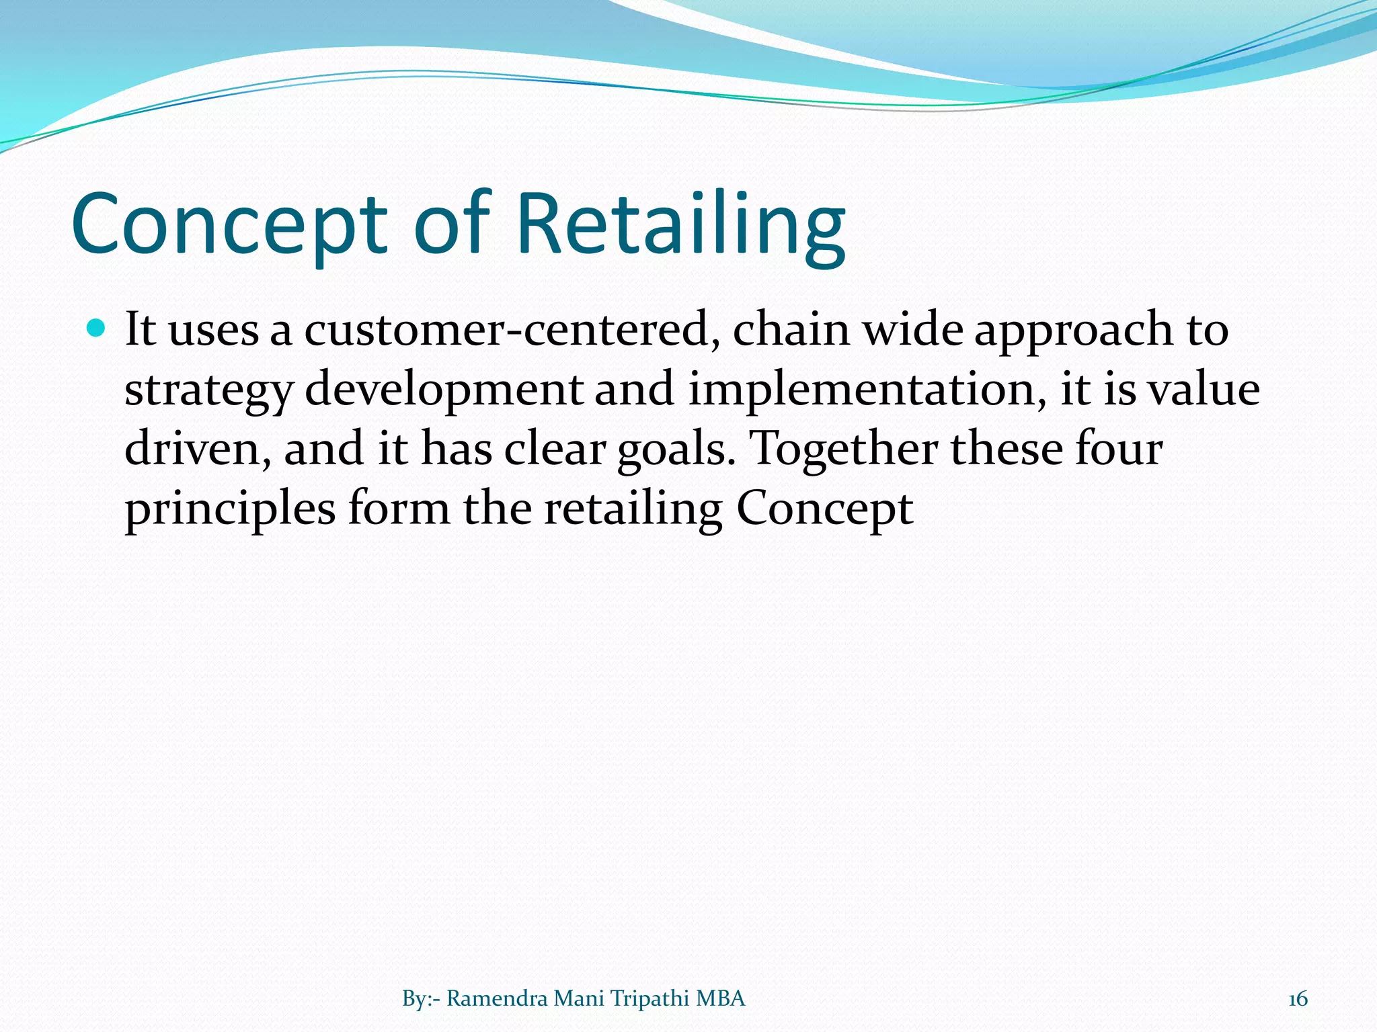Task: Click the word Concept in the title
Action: [229, 225]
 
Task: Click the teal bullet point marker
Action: [97, 329]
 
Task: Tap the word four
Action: [1118, 449]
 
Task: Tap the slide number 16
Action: [1298, 999]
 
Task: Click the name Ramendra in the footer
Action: [497, 999]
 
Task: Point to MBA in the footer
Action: [721, 999]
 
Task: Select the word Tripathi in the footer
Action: [650, 999]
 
